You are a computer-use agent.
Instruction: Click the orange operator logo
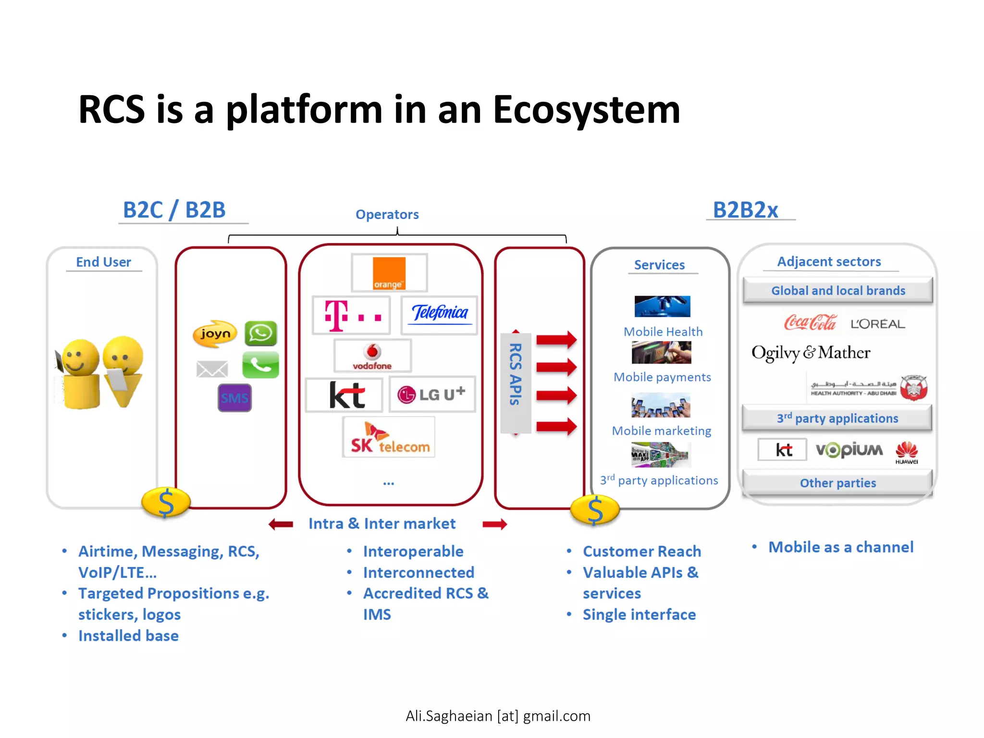pyautogui.click(x=389, y=273)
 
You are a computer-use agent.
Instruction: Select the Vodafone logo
pyautogui.click(x=372, y=357)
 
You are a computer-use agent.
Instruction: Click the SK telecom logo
pyautogui.click(x=389, y=438)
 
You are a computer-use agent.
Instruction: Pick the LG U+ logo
pyautogui.click(x=431, y=394)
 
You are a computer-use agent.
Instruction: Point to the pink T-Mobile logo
pyautogui.click(x=351, y=316)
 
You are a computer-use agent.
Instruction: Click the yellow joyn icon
pyautogui.click(x=215, y=333)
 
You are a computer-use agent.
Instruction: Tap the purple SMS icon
pyautogui.click(x=234, y=398)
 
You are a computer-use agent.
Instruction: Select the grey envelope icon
pyautogui.click(x=212, y=369)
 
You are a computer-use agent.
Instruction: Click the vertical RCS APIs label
pyautogui.click(x=516, y=375)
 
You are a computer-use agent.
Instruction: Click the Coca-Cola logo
pyautogui.click(x=811, y=323)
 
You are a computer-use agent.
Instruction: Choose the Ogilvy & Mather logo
pyautogui.click(x=811, y=353)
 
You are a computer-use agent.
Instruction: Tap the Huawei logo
pyautogui.click(x=907, y=452)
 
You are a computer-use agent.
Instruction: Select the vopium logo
pyautogui.click(x=849, y=450)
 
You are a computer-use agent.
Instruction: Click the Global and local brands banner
pyautogui.click(x=837, y=291)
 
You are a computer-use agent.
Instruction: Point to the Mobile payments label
pyautogui.click(x=662, y=377)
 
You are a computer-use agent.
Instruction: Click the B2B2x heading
pyautogui.click(x=745, y=210)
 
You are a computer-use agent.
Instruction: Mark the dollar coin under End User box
pyautogui.click(x=166, y=503)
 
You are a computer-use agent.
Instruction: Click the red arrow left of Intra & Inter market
pyautogui.click(x=281, y=524)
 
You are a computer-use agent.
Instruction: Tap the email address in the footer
pyautogui.click(x=498, y=716)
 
